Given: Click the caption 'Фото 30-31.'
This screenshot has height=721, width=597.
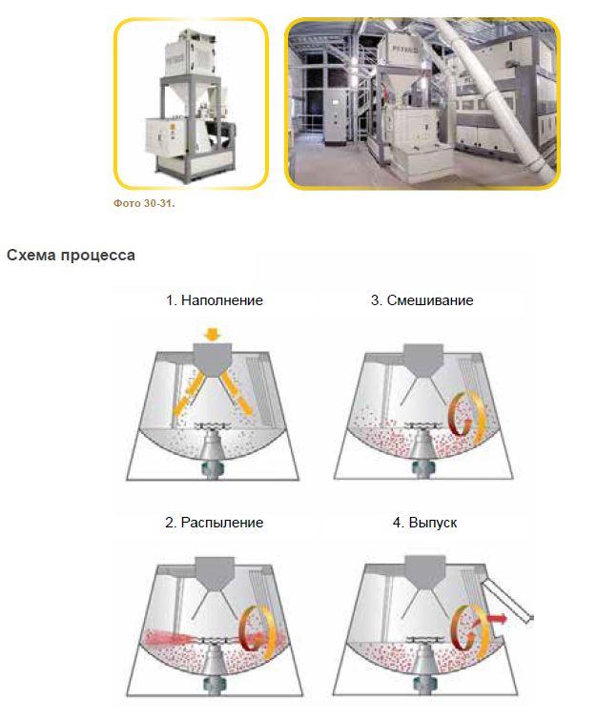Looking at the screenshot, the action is tap(144, 203).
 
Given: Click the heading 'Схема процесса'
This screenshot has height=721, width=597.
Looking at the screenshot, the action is tap(71, 255).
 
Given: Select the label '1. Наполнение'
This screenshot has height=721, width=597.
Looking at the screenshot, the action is tap(215, 300).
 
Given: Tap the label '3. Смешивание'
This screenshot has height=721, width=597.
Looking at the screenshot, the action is tap(422, 300).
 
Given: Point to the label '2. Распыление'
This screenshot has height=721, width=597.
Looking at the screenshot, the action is tap(214, 523).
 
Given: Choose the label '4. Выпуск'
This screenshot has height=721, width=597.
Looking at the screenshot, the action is tap(424, 523).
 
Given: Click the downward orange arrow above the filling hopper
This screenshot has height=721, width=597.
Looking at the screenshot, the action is tap(212, 334).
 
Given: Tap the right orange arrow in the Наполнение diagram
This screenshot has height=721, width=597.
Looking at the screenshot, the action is tap(237, 393).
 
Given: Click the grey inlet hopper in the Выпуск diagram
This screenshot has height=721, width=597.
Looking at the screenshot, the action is tap(424, 573).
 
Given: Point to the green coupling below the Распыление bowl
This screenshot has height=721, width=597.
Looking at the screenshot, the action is tap(211, 684).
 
